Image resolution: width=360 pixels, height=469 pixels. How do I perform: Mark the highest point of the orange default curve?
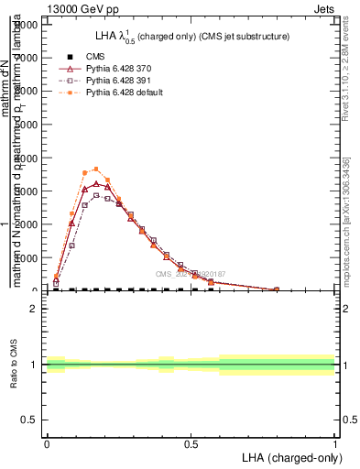(x=96, y=169)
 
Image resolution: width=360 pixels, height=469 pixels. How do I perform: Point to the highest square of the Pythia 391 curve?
(x=96, y=195)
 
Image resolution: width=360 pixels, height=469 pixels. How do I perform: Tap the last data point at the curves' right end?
(x=277, y=289)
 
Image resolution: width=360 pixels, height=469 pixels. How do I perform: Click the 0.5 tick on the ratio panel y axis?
(x=30, y=420)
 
